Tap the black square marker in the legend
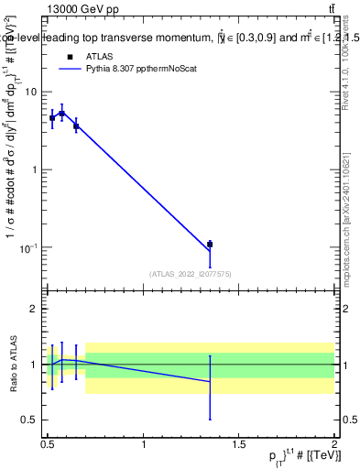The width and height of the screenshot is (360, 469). tap(71, 57)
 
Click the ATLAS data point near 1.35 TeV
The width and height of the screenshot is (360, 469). tap(210, 245)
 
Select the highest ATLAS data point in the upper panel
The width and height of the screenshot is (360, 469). tap(61, 114)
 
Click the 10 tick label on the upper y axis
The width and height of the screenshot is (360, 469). tap(31, 92)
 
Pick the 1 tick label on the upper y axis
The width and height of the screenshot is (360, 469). tap(34, 169)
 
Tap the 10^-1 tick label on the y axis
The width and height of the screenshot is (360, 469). tap(29, 247)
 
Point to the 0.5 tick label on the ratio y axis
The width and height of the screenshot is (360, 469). tap(29, 420)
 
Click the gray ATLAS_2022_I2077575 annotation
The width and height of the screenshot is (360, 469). tap(190, 273)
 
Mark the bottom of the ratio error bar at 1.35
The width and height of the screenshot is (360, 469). tap(210, 420)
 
